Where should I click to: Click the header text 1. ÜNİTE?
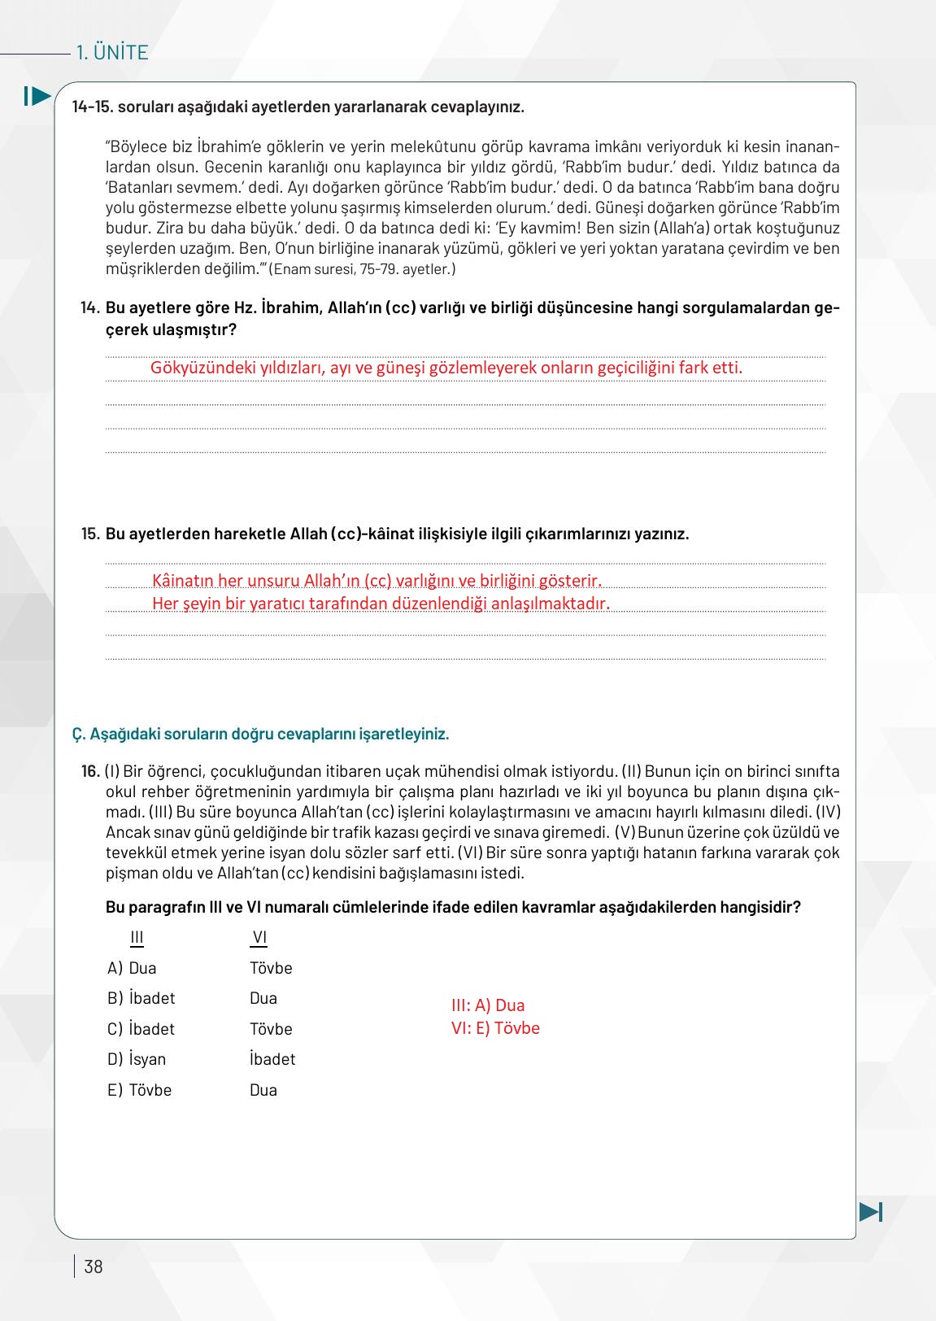coord(111,53)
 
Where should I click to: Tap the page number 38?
coord(94,1267)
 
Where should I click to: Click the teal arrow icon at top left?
coord(37,96)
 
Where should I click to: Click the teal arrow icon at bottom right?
coord(870,1212)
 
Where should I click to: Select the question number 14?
coord(90,308)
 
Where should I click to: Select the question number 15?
coord(90,534)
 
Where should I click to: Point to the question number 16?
coord(90,771)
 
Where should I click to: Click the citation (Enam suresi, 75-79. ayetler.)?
coord(363,269)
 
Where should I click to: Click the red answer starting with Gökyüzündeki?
coord(446,368)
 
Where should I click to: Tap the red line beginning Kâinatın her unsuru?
coord(377,581)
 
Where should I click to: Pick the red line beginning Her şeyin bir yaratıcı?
coord(381,604)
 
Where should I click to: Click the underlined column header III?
coord(137,938)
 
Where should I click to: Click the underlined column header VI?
coord(259,938)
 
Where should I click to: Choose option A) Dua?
coord(133,968)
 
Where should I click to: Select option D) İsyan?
coord(137,1059)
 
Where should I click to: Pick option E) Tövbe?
coord(140,1090)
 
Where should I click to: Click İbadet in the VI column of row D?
coord(272,1059)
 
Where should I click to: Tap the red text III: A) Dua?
coord(488,1005)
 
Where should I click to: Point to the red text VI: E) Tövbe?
coord(495,1028)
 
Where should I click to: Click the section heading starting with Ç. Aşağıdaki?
coord(260,734)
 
